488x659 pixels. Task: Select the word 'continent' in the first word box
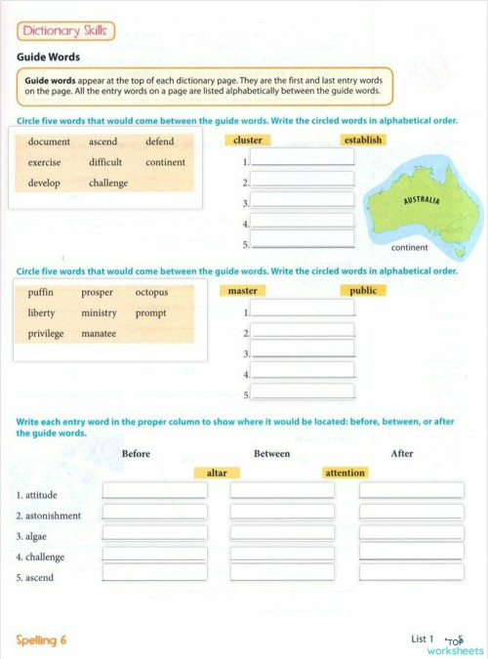[x=165, y=163]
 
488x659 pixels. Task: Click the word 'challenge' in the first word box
[x=108, y=184]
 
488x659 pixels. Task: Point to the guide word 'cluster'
[x=248, y=141]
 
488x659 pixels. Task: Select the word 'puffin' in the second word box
[x=41, y=292]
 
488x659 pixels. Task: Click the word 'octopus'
[x=151, y=292]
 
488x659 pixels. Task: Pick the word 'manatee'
[x=99, y=334]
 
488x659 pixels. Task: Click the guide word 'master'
[x=242, y=291]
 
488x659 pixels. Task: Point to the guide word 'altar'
[x=217, y=474]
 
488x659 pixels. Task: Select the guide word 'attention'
[x=345, y=474]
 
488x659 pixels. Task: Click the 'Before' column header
[x=137, y=454]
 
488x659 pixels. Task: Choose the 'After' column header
[x=401, y=454]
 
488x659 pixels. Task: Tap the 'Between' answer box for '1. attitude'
[x=282, y=491]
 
